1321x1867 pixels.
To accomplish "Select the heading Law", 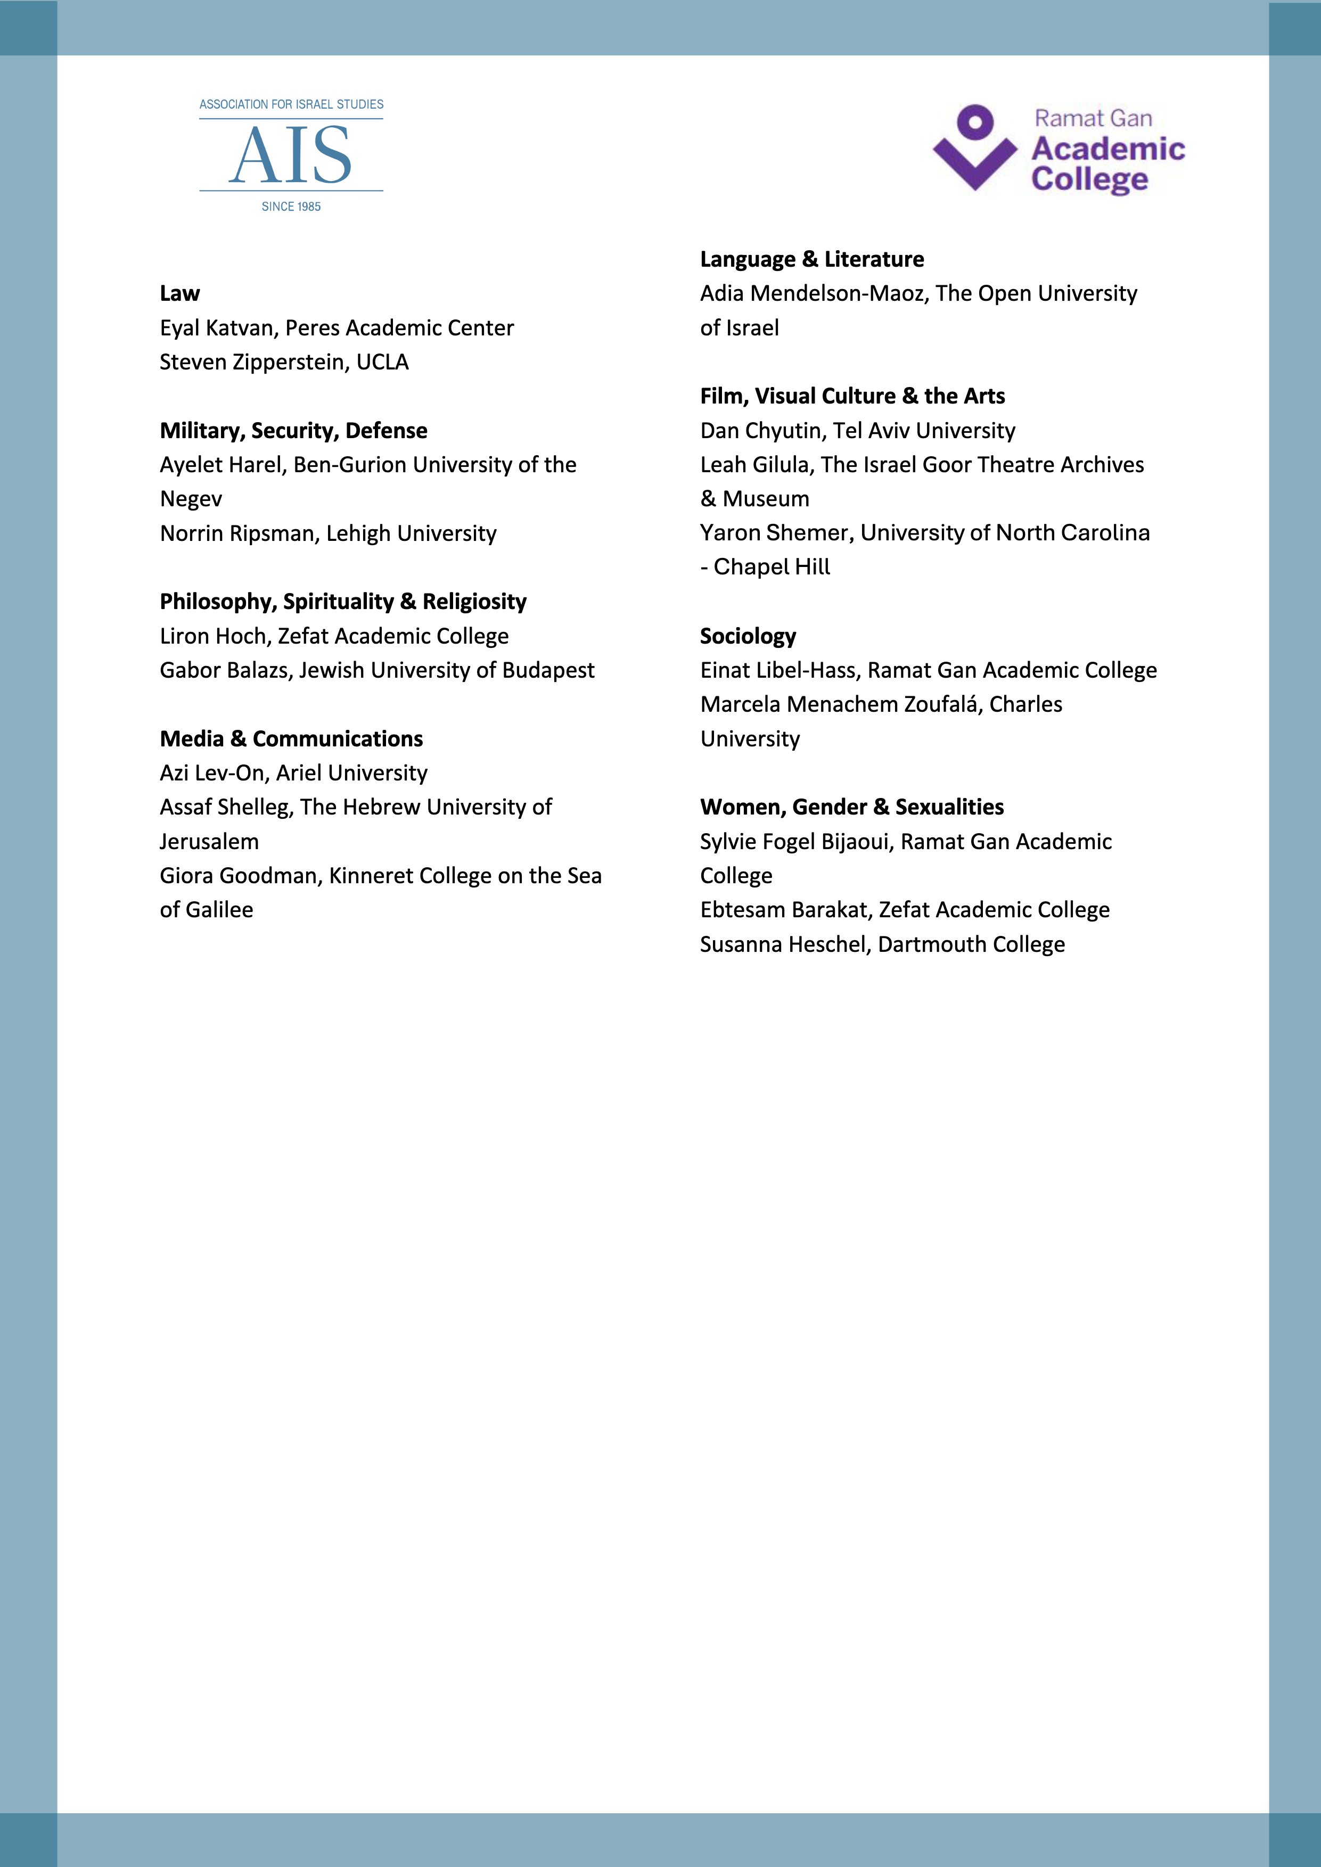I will pyautogui.click(x=180, y=293).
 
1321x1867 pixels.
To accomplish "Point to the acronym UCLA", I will pyautogui.click(x=382, y=362).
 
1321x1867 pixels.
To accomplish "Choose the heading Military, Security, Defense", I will pyautogui.click(x=294, y=430).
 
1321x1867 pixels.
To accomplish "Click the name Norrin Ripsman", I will pyautogui.click(x=237, y=533).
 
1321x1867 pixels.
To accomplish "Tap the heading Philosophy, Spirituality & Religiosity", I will pyautogui.click(x=343, y=602).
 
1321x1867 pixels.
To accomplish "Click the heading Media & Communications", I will pyautogui.click(x=291, y=738).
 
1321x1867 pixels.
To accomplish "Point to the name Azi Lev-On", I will pyautogui.click(x=211, y=772).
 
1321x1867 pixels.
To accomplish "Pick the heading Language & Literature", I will pyautogui.click(x=812, y=259).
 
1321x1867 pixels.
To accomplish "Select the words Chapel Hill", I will pyautogui.click(x=772, y=567).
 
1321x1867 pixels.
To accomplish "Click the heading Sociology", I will pyautogui.click(x=748, y=636).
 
